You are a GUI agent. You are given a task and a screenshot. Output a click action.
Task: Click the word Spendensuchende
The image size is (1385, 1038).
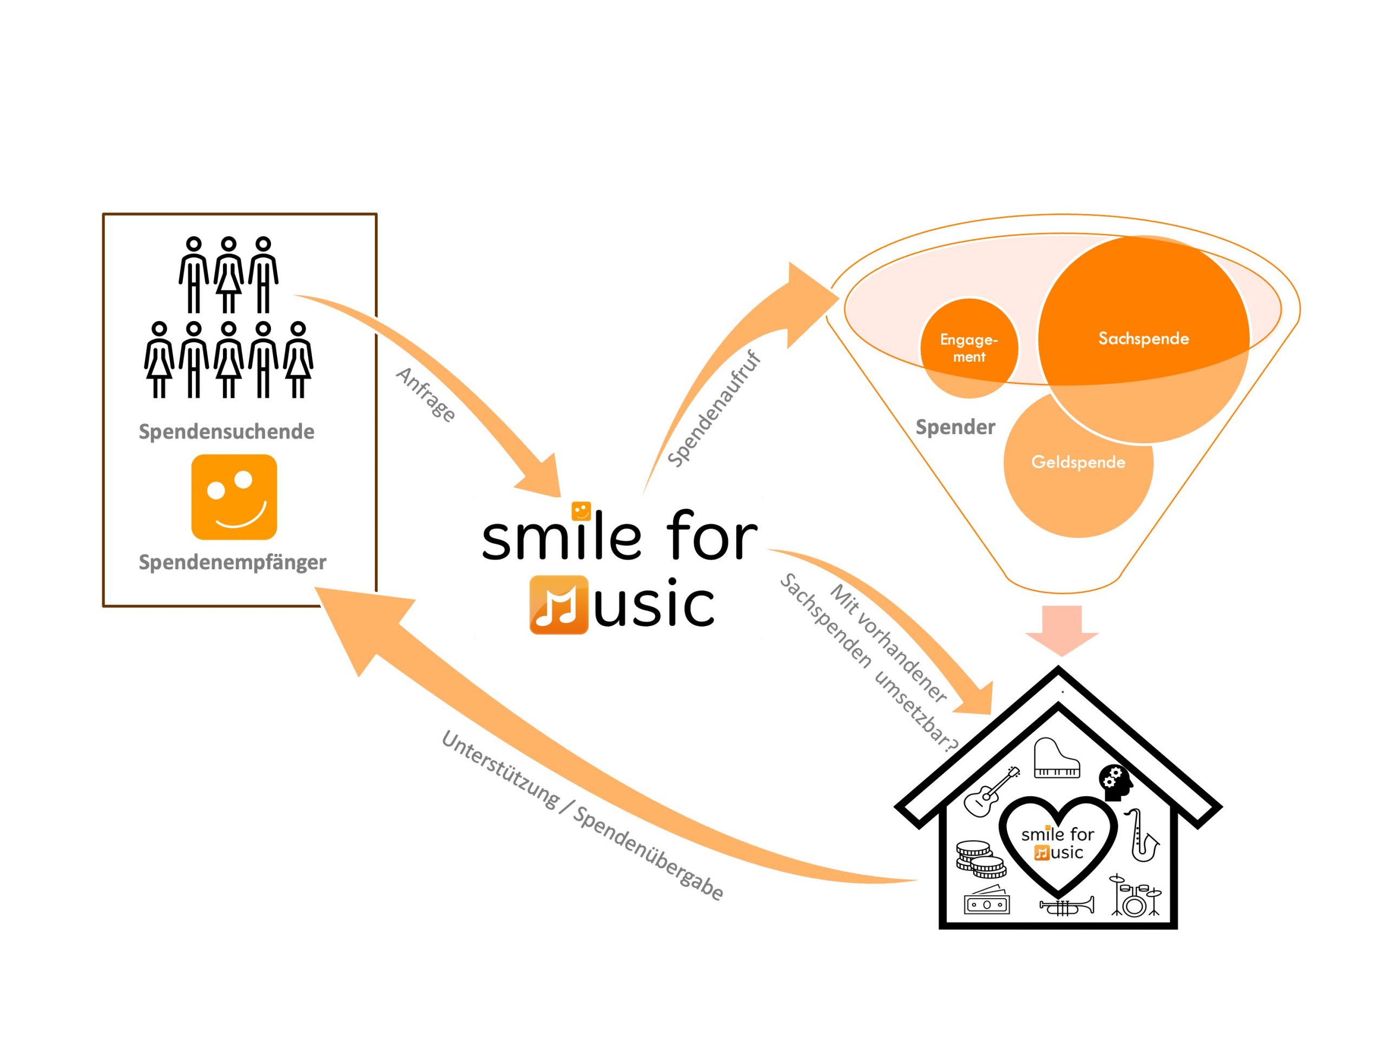[226, 432]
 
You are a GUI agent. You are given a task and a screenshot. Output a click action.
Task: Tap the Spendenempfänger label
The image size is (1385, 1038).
[232, 562]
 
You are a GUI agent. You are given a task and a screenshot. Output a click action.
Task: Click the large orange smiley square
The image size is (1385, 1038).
[234, 497]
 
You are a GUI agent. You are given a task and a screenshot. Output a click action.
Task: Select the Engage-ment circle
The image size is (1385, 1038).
[968, 349]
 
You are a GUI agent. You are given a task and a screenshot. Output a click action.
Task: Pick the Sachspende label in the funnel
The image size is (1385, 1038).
[1143, 338]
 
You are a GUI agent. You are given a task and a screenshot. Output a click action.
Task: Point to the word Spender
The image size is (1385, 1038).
[955, 427]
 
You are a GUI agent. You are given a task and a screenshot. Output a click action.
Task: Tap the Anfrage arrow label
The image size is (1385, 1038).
[426, 394]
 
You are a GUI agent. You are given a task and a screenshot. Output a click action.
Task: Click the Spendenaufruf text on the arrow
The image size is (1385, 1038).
[714, 410]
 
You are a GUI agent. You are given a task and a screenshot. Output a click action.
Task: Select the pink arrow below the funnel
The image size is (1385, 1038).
[1062, 628]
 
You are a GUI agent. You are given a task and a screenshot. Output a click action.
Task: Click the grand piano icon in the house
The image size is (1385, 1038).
[1057, 758]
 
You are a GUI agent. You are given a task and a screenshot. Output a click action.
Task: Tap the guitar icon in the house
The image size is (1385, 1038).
[990, 792]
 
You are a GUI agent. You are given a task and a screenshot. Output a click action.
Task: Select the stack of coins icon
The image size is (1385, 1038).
[979, 859]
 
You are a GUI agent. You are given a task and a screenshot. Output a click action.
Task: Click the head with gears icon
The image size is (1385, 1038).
[1115, 782]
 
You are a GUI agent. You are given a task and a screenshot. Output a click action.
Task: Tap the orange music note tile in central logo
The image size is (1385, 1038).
[558, 604]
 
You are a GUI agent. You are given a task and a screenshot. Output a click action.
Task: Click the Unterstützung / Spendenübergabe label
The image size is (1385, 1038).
[582, 815]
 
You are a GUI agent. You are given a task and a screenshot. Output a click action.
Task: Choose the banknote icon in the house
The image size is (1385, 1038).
[987, 902]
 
